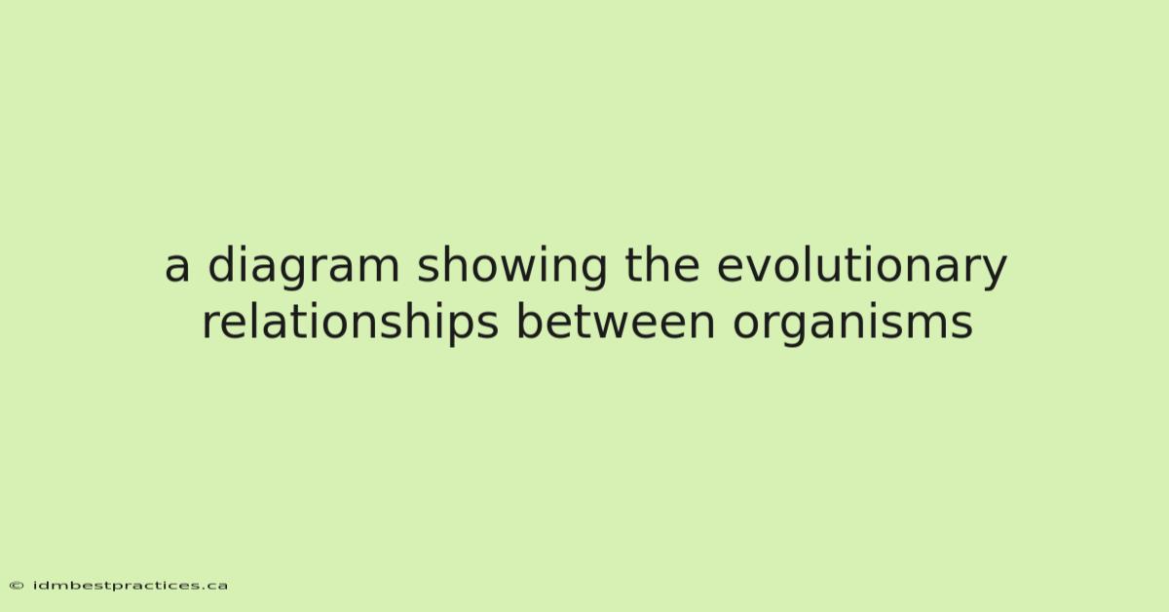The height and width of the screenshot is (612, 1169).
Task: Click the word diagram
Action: click(304, 267)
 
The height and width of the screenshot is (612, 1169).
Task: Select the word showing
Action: click(512, 267)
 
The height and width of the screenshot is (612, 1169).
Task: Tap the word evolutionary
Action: click(861, 267)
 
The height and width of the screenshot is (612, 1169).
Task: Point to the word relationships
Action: click(350, 324)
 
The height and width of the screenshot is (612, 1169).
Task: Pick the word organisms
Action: click(852, 324)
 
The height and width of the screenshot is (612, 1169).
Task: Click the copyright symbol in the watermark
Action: click(17, 586)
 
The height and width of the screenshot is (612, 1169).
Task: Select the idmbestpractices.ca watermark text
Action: click(131, 586)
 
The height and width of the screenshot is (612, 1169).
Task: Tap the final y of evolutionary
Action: click(993, 274)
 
